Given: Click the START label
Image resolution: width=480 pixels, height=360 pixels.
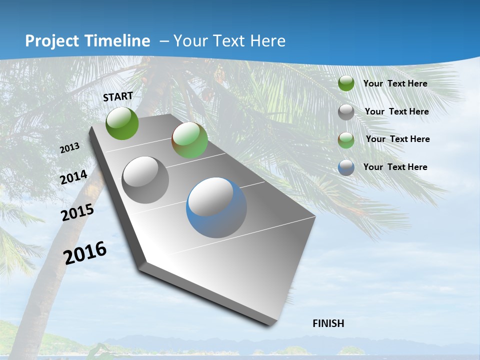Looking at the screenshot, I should (118, 96).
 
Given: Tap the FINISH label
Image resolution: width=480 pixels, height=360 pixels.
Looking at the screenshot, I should (328, 323).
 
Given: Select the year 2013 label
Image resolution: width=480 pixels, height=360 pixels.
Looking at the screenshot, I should (69, 148).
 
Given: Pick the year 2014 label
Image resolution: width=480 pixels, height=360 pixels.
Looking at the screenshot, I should (74, 177).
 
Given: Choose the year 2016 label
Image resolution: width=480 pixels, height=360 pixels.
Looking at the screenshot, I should (85, 252).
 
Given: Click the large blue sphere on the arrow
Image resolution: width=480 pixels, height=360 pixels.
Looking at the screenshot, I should (216, 208).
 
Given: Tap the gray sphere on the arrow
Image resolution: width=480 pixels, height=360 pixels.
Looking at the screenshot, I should (145, 180).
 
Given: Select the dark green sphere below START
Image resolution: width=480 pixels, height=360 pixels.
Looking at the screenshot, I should (122, 123).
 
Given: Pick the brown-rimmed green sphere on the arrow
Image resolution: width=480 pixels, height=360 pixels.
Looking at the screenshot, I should (189, 140).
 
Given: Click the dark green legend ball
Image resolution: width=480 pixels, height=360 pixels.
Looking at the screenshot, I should (346, 83).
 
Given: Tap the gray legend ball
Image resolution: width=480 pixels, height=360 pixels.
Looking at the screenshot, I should (346, 112).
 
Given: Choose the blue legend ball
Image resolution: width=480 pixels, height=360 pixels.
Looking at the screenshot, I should (346, 167).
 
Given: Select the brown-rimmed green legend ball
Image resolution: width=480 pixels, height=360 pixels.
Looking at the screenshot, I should (346, 139).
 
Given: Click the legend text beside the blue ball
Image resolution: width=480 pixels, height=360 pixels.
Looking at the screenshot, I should (395, 167).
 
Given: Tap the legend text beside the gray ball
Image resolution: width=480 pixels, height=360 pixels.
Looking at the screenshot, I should (396, 111).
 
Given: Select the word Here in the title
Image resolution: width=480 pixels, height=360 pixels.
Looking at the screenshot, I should (268, 41).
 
